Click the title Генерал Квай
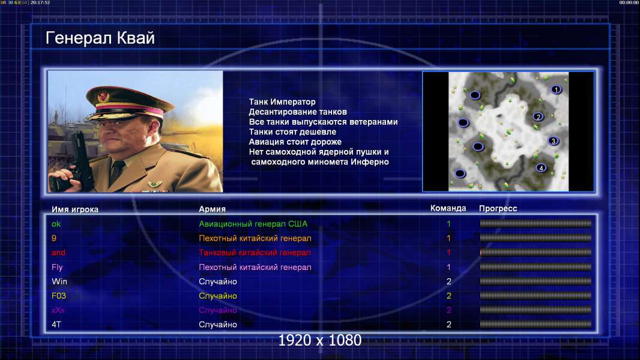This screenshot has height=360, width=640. (x=100, y=38)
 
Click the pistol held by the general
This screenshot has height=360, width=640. (x=79, y=161)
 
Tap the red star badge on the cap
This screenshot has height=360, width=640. (x=103, y=97)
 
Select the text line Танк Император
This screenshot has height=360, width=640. (x=282, y=102)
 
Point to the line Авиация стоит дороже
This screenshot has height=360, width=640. (x=295, y=142)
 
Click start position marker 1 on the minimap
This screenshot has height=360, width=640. (x=555, y=89)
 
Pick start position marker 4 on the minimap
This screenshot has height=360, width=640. (x=541, y=167)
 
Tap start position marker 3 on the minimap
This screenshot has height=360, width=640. (x=553, y=141)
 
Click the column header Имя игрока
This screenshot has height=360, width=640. (x=74, y=209)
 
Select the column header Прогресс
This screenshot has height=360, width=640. (x=498, y=208)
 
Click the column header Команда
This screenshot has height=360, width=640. (x=448, y=208)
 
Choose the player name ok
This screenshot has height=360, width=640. (x=56, y=224)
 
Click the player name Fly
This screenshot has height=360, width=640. (x=57, y=268)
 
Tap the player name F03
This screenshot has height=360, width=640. (x=59, y=296)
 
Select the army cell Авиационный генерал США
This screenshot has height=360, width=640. (x=253, y=224)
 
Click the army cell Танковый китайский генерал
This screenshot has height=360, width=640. (x=255, y=253)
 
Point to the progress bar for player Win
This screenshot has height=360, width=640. (x=536, y=281)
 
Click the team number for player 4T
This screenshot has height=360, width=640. (x=448, y=325)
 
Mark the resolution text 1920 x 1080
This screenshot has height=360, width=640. (x=319, y=340)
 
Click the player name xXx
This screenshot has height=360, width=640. (x=58, y=310)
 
